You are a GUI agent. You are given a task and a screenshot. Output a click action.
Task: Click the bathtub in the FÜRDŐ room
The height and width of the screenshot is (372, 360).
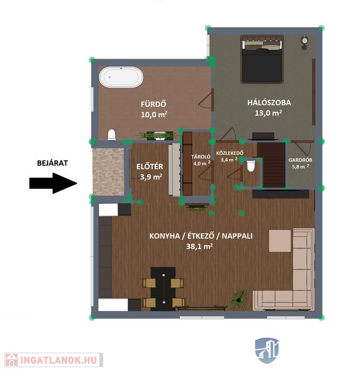[121, 77]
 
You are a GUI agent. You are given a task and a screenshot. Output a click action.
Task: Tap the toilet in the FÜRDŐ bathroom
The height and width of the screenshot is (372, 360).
[111, 135]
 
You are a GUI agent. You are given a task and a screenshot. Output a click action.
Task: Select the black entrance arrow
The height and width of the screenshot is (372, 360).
[53, 183]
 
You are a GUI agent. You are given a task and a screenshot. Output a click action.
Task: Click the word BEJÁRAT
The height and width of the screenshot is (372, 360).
[52, 163]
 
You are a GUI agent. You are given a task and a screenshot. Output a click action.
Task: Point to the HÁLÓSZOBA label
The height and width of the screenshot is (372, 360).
[269, 103]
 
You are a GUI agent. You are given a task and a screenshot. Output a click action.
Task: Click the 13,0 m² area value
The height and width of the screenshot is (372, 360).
[268, 113]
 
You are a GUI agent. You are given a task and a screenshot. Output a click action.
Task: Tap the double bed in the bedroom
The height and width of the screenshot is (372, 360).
[262, 59]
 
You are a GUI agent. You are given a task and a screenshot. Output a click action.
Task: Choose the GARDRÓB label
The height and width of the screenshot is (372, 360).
[300, 160]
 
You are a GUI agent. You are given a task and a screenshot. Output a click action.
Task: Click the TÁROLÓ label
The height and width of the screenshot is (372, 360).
[201, 156]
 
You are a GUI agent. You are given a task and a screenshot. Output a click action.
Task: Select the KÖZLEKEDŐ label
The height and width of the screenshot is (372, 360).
[230, 153]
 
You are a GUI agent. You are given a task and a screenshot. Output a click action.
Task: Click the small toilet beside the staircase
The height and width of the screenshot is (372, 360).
[251, 166]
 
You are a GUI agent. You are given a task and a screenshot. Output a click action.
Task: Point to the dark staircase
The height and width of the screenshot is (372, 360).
[274, 165]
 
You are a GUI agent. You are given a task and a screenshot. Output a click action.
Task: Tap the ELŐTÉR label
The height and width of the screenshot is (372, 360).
[150, 167]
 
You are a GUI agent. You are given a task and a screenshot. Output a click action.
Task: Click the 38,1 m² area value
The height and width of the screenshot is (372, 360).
[199, 247]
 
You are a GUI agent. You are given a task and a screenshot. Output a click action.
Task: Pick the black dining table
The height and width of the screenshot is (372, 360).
[163, 289]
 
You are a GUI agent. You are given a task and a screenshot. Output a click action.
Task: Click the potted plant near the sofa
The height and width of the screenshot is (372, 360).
[239, 300]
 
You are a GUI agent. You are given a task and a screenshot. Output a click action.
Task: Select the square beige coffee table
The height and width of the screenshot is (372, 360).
[280, 241]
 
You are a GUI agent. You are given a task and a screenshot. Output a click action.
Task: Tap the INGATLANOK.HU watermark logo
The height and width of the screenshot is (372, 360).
[54, 360]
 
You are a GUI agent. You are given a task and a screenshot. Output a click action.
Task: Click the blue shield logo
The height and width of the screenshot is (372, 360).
[267, 351]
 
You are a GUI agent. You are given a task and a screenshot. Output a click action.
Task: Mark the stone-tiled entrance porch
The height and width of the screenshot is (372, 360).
[108, 172]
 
